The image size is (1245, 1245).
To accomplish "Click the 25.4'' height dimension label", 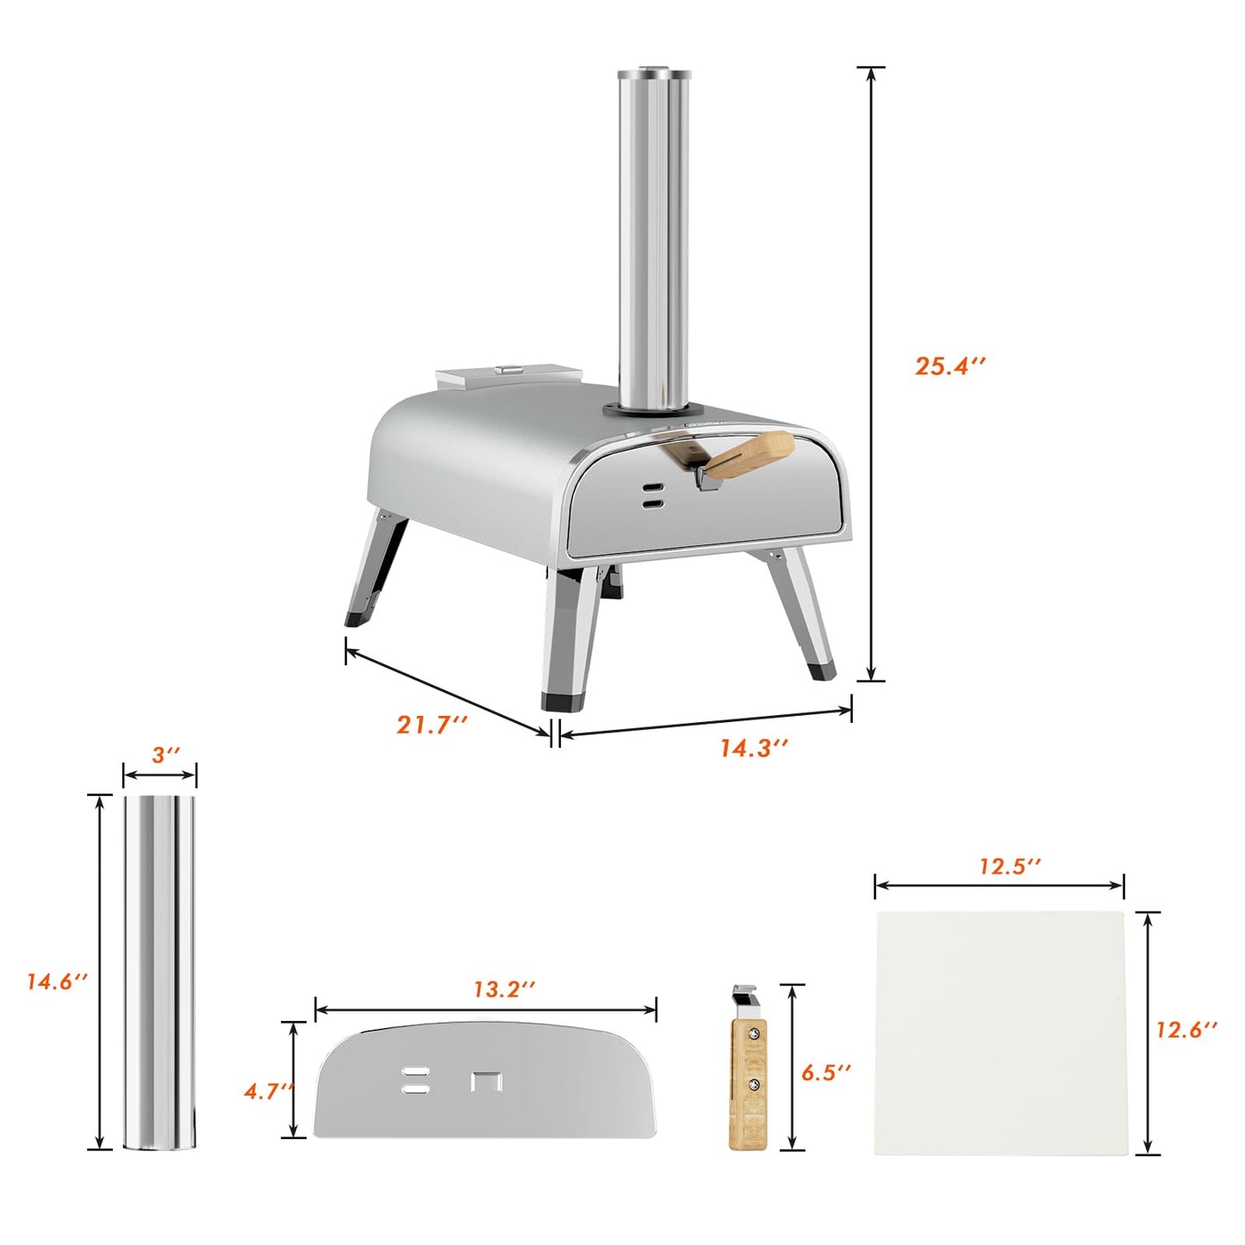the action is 950,366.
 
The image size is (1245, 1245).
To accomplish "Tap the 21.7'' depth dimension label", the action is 432,725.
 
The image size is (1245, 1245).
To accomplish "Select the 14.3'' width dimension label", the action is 754,748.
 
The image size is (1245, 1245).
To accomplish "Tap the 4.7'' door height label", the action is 269,1092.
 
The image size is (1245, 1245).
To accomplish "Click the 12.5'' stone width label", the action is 1010,866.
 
